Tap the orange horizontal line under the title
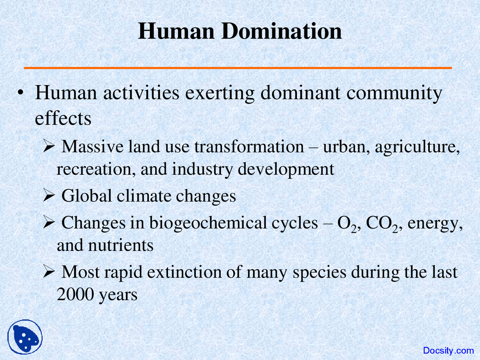pos(238,68)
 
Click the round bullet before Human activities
pos(21,93)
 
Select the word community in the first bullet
pos(394,93)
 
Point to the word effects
pos(63,118)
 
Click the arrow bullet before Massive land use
pos(49,146)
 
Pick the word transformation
pos(249,146)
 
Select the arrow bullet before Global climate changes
pos(49,195)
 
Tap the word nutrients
pos(121,245)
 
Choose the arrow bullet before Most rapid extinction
pos(49,271)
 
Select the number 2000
pos(75,294)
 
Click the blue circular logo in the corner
pos(25,337)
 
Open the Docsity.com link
pos(448,351)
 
